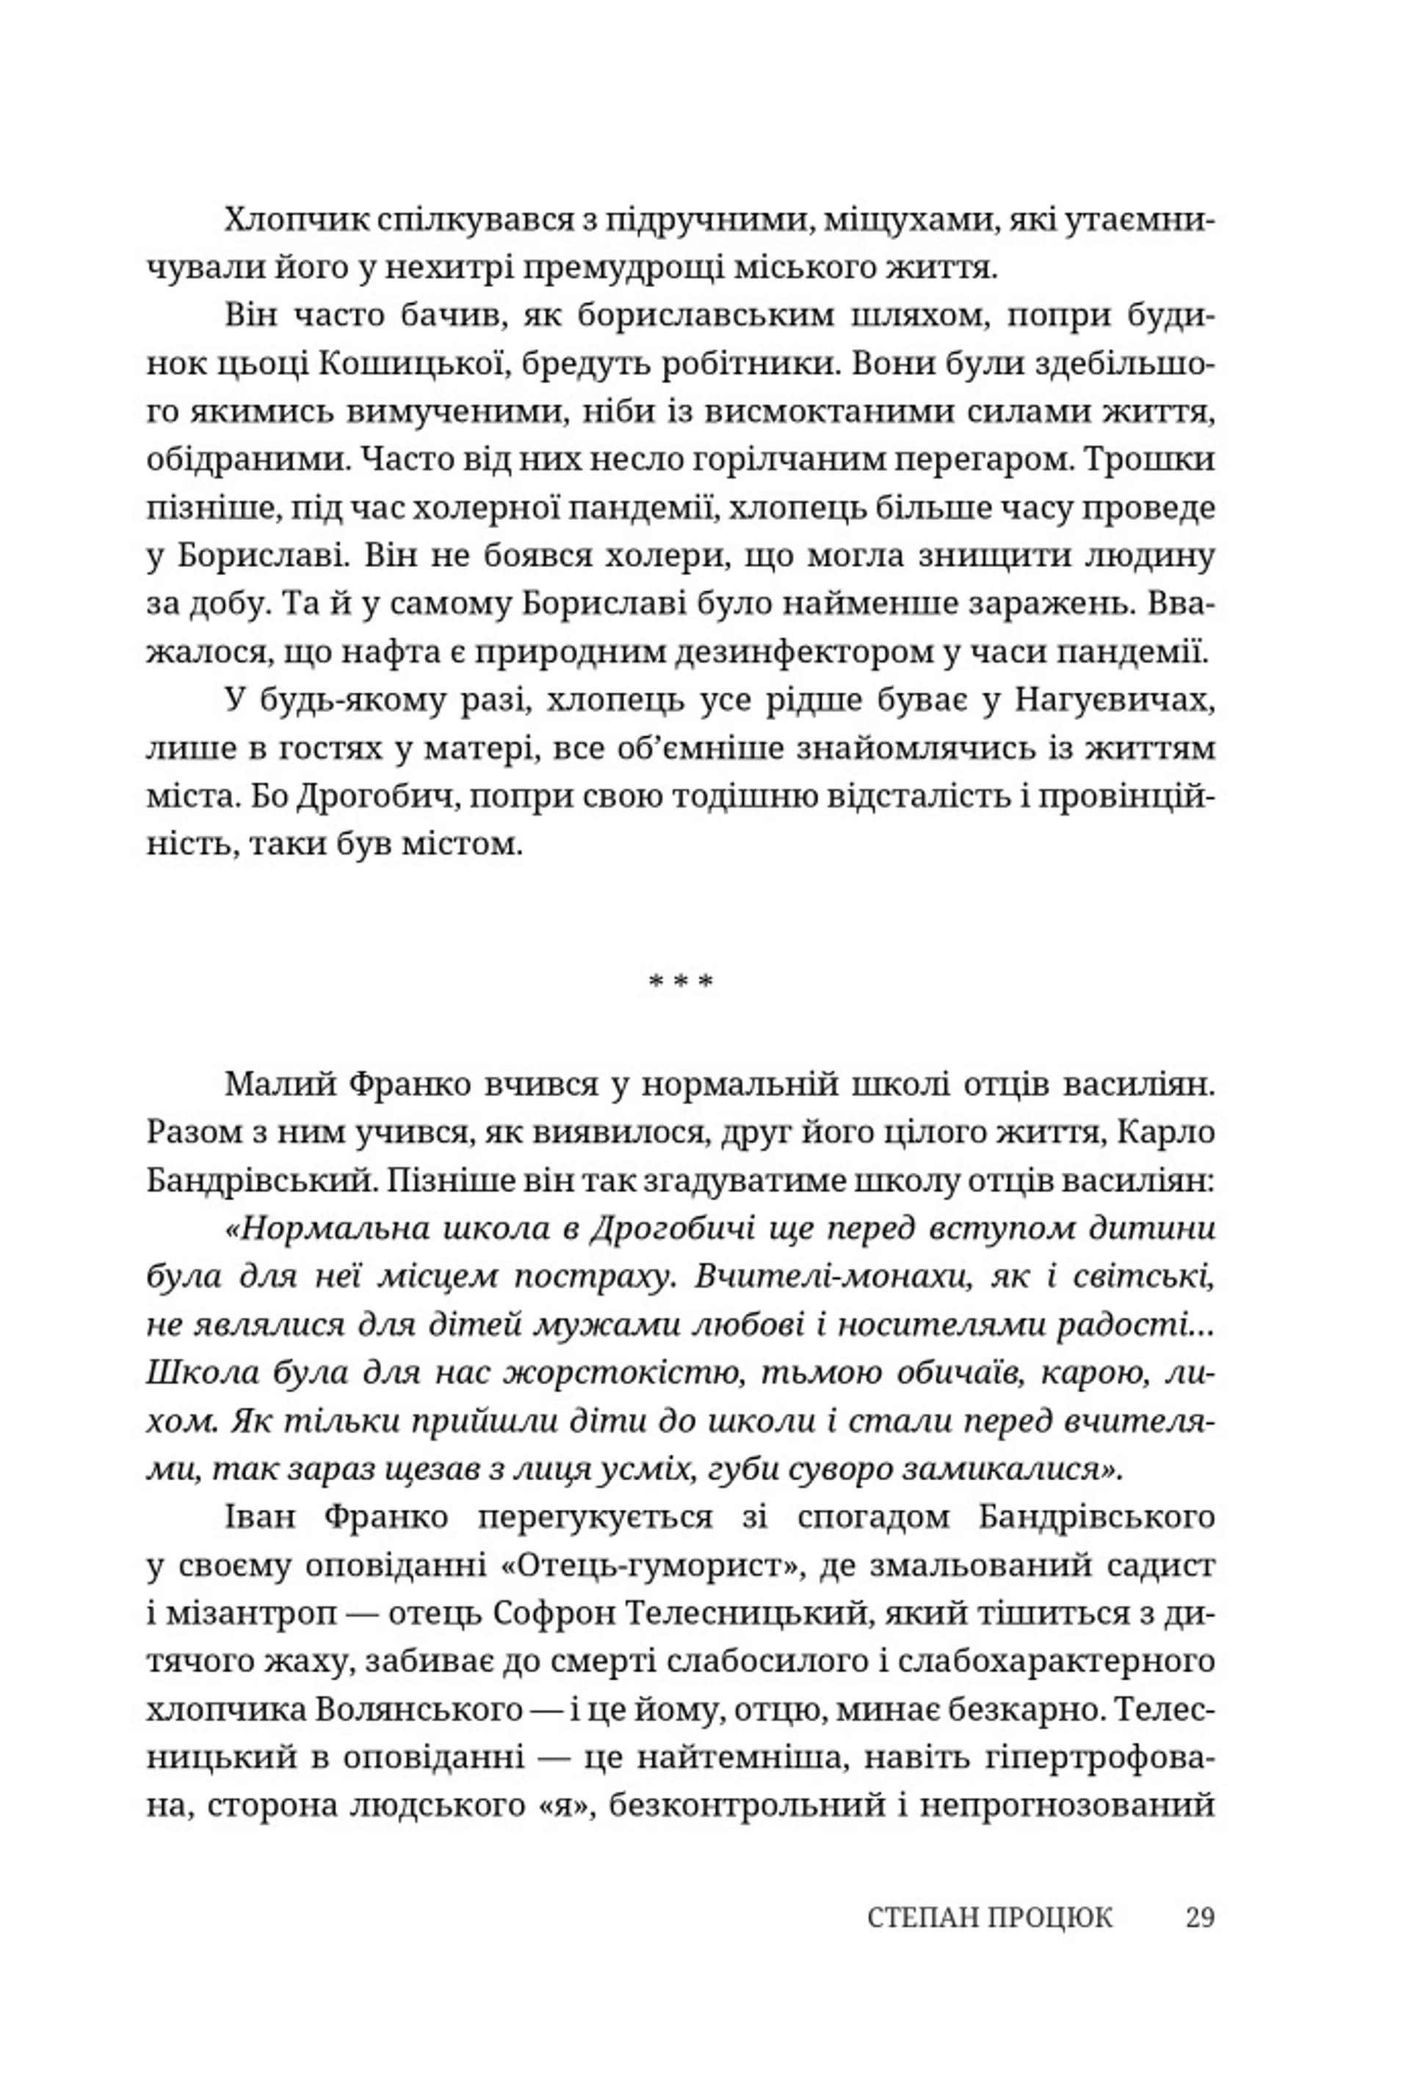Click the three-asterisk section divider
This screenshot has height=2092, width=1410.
pos(681,981)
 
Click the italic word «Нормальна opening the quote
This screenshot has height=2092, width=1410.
pos(329,1228)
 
